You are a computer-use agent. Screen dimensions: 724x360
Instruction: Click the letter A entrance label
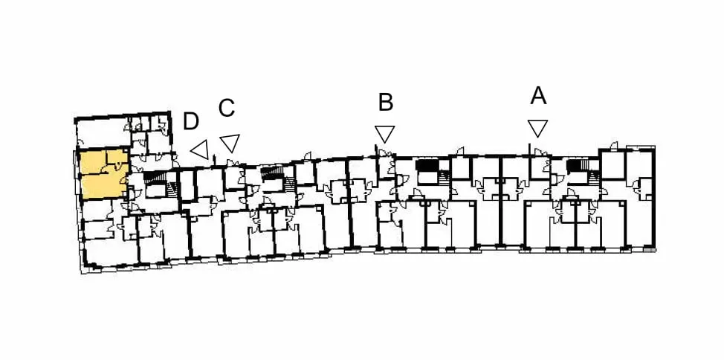[538, 96]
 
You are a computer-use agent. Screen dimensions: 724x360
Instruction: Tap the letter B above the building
[386, 103]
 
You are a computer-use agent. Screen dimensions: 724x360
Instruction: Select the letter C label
[227, 108]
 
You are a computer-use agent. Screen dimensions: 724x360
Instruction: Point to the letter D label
[191, 121]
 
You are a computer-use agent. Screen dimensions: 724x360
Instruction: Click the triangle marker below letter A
[538, 128]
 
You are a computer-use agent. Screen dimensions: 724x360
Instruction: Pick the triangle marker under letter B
[384, 134]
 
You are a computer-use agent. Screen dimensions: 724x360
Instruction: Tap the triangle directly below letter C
[230, 142]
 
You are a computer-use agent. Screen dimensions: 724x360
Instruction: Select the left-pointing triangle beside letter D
[201, 150]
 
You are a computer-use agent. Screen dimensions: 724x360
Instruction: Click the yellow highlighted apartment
[103, 175]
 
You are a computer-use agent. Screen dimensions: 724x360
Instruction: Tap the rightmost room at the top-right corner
[641, 164]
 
